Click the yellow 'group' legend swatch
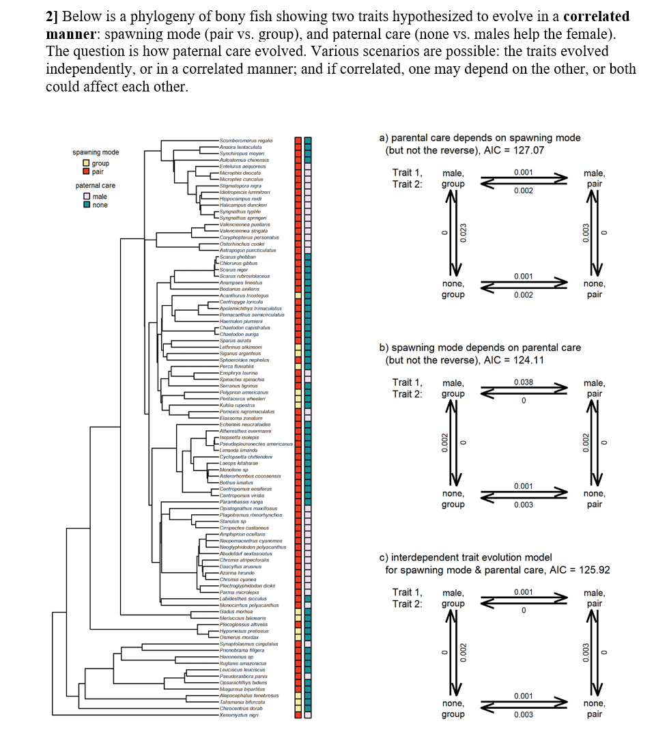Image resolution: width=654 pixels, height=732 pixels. [x=85, y=163]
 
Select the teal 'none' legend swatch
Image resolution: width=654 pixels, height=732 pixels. [x=85, y=205]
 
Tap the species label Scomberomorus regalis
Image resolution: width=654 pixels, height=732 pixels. [x=246, y=140]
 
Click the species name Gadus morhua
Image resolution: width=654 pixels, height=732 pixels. [x=235, y=611]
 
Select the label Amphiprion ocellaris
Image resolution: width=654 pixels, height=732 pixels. [x=242, y=535]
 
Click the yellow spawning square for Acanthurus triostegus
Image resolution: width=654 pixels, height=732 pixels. [x=298, y=294]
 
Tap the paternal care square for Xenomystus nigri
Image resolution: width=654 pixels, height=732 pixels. [x=308, y=715]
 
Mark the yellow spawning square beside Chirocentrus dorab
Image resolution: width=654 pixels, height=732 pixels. [x=298, y=709]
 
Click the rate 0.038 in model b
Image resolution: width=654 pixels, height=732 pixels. [x=524, y=382]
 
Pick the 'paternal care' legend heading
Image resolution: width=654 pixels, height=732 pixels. [x=95, y=185]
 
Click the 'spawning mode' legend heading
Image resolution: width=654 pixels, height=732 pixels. [x=96, y=152]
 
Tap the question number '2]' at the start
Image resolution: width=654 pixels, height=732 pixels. [x=53, y=16]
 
